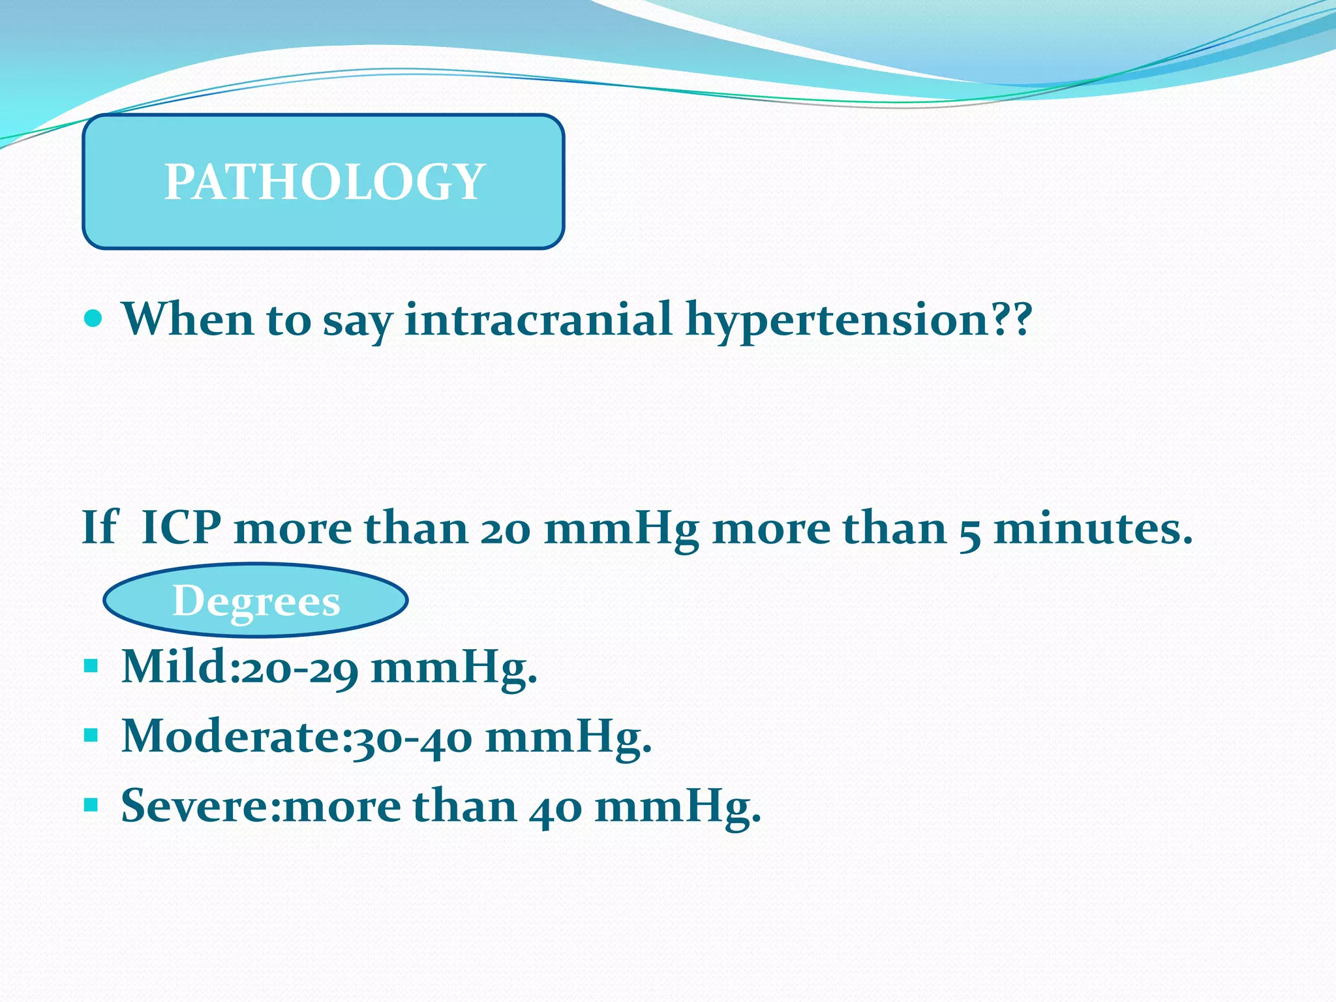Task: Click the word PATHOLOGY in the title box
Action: point(324,181)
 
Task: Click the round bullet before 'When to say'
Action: point(93,318)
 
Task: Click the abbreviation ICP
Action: point(181,527)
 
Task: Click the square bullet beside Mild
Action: point(91,666)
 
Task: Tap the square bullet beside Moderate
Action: point(91,736)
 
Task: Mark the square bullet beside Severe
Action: point(91,806)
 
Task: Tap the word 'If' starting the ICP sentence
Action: point(100,527)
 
